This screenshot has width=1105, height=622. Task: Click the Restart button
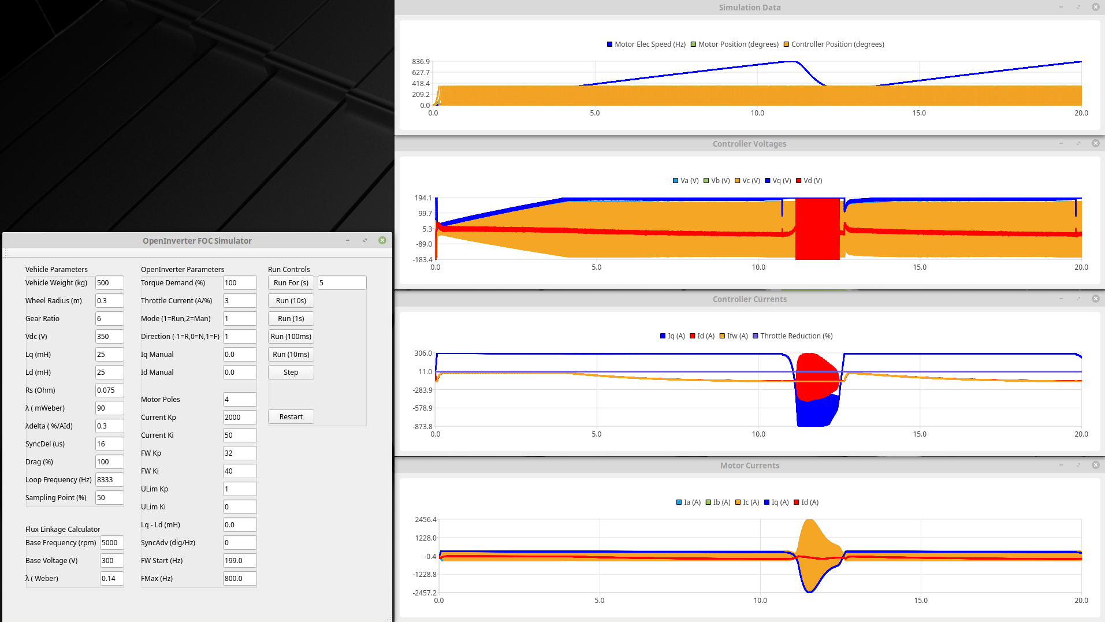pyautogui.click(x=291, y=417)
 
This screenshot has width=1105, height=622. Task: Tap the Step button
pyautogui.click(x=291, y=373)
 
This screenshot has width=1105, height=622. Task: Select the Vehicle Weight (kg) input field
pyautogui.click(x=109, y=283)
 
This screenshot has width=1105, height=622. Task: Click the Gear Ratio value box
pyautogui.click(x=109, y=319)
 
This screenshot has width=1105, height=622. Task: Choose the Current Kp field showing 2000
pyautogui.click(x=239, y=418)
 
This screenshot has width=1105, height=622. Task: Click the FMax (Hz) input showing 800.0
pyautogui.click(x=239, y=579)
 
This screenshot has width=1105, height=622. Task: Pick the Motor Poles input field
pyautogui.click(x=239, y=400)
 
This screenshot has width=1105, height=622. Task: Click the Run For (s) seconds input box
pyautogui.click(x=341, y=283)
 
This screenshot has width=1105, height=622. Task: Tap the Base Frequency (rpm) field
pyautogui.click(x=111, y=543)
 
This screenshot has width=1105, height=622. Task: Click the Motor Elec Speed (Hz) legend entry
pyautogui.click(x=646, y=44)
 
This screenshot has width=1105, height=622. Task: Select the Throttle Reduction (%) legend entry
pyautogui.click(x=793, y=336)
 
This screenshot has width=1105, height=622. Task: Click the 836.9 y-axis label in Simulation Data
pyautogui.click(x=421, y=62)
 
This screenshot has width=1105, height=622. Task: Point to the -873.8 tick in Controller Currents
pyautogui.click(x=422, y=427)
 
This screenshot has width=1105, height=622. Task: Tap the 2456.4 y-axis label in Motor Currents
pyautogui.click(x=426, y=520)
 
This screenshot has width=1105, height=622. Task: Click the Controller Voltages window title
pyautogui.click(x=749, y=144)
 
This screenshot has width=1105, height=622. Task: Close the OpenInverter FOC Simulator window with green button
pyautogui.click(x=382, y=240)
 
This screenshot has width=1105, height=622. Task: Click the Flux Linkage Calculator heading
pyautogui.click(x=62, y=530)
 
